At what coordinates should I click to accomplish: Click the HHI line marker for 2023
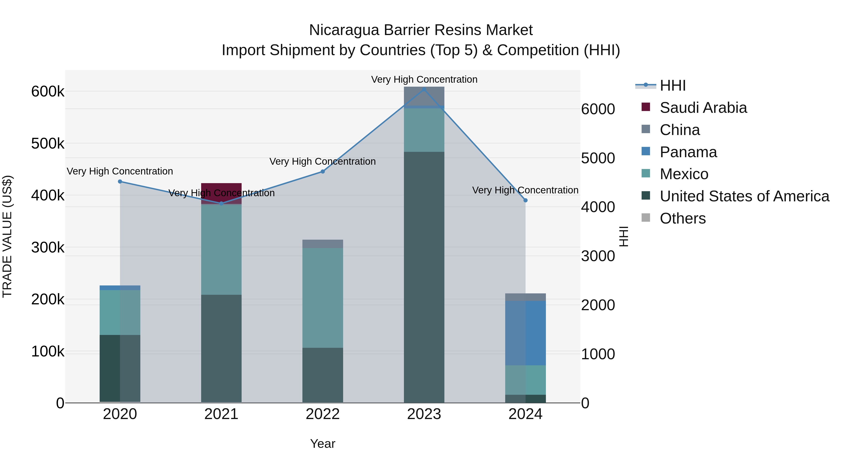click(x=424, y=89)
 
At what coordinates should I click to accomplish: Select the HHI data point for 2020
click(x=120, y=181)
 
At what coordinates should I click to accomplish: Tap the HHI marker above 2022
click(x=323, y=171)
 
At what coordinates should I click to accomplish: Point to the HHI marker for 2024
click(x=525, y=200)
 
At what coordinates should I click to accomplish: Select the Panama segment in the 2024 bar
click(x=525, y=333)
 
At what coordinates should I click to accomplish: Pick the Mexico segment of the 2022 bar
click(x=323, y=298)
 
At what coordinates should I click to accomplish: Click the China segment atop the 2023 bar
click(x=424, y=96)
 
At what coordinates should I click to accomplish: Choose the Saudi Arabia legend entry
click(x=703, y=108)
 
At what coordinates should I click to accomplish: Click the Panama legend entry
click(x=688, y=152)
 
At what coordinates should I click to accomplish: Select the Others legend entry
click(x=682, y=218)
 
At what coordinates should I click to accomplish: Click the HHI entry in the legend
click(x=672, y=85)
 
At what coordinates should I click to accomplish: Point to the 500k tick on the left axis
click(x=48, y=144)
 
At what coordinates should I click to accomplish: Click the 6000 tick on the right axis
click(x=598, y=109)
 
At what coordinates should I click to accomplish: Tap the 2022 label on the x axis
click(x=323, y=414)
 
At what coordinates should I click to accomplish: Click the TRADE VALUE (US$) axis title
click(x=7, y=236)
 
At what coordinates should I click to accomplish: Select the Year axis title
click(x=323, y=444)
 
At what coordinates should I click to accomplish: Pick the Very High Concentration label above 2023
click(x=424, y=79)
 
